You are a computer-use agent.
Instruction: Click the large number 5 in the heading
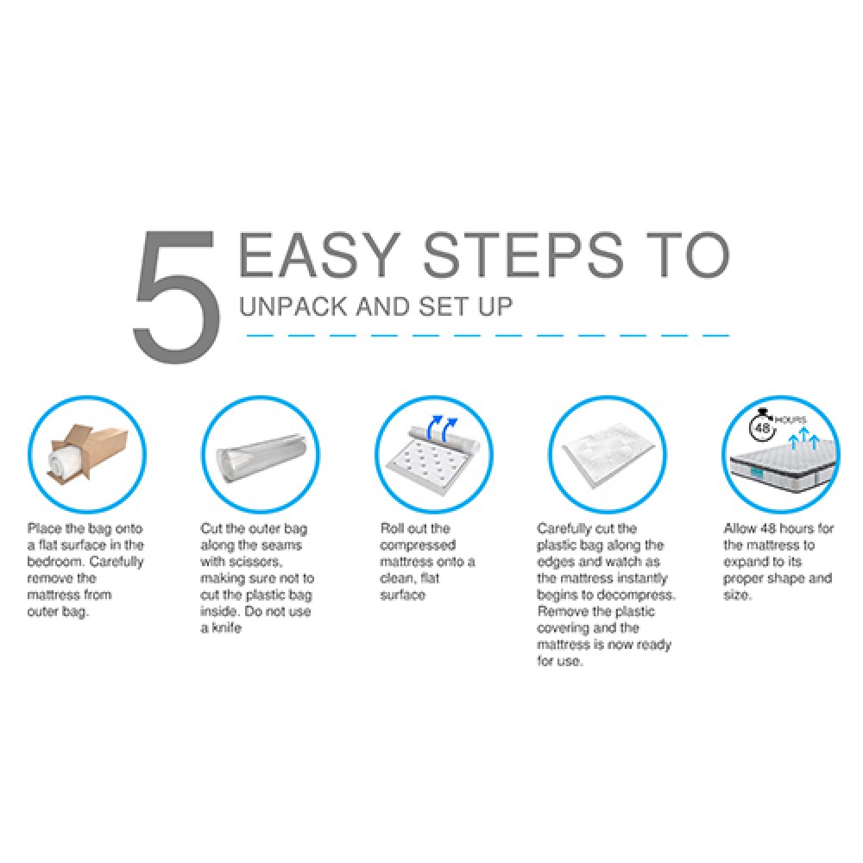click(176, 296)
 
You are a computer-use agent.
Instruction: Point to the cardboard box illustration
click(89, 453)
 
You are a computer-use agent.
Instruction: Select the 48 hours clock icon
click(763, 426)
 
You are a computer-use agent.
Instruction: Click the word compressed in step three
click(418, 545)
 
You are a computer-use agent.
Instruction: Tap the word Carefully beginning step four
click(564, 529)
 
